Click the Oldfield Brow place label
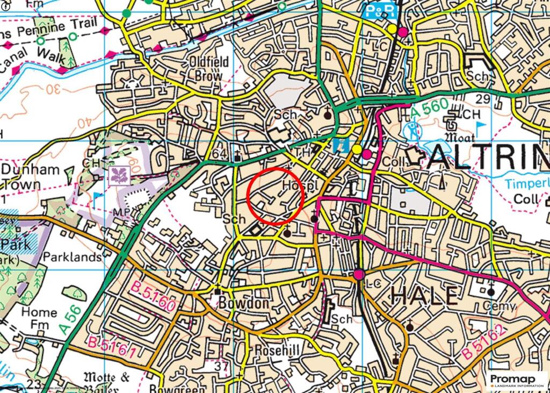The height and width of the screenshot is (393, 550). (x=209, y=69)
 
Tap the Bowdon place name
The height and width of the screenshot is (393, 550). (x=243, y=303)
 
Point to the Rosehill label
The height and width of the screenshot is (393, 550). (x=273, y=351)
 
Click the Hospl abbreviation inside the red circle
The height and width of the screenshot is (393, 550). (x=296, y=185)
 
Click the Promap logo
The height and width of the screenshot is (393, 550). (x=516, y=380)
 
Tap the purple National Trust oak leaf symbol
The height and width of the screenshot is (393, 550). (x=116, y=175)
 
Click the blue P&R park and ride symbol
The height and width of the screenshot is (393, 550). (x=381, y=11)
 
